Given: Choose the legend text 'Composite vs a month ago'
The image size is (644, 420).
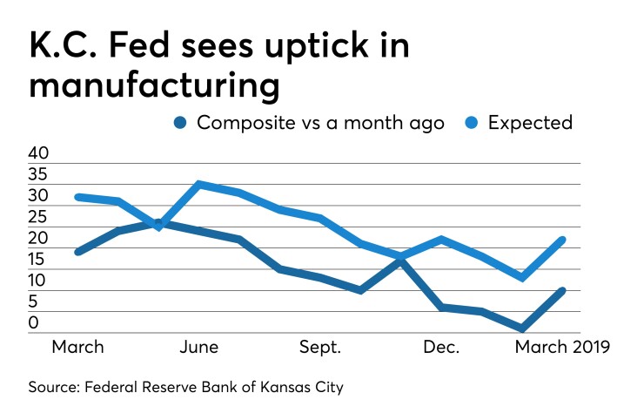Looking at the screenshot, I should point(320,122).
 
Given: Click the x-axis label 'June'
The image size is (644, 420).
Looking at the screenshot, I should point(199,347).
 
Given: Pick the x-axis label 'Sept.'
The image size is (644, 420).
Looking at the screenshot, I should point(321,347).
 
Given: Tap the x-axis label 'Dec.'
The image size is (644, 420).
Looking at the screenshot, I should point(441,347).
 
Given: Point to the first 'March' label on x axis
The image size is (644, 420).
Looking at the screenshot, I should point(78,347).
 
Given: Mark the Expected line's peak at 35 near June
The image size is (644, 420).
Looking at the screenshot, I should point(199,184).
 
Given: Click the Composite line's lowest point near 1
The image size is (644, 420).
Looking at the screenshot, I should point(521,329).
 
